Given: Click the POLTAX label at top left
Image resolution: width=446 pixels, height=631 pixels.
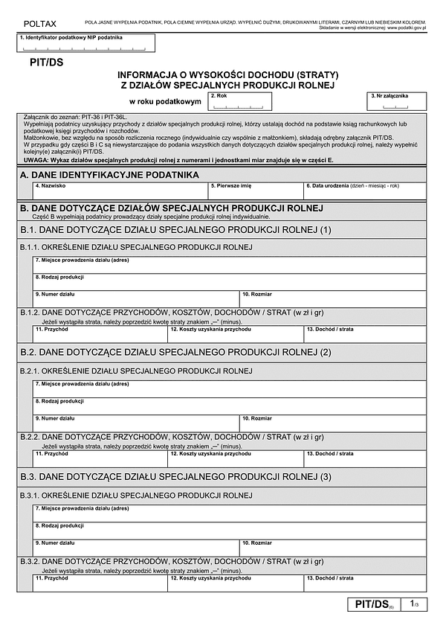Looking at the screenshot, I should click(x=34, y=25).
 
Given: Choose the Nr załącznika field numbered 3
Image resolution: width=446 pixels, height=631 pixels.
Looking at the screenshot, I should click(x=398, y=102).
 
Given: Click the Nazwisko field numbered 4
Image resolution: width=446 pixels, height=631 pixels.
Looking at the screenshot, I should click(x=120, y=190).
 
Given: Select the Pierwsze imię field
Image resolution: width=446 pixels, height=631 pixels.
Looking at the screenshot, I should click(x=256, y=190).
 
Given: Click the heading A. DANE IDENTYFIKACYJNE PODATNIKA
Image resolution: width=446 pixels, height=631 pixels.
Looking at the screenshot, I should click(x=109, y=174).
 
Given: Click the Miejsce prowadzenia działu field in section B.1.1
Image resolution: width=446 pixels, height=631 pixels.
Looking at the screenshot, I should click(x=230, y=265).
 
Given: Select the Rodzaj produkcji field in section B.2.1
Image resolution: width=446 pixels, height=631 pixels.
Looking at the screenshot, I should click(x=230, y=405).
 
